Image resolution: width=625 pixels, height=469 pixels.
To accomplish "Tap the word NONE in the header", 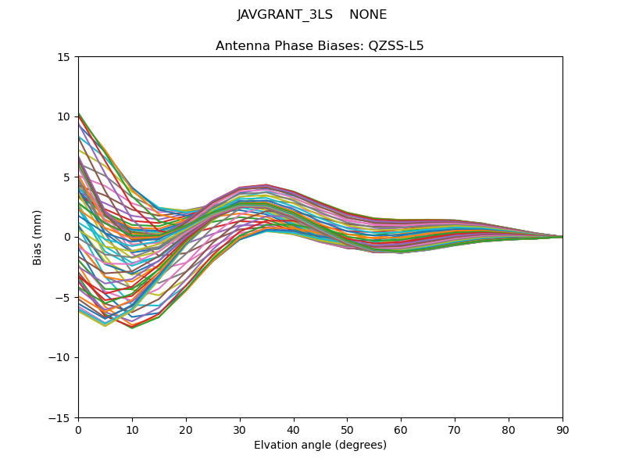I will point(368,15).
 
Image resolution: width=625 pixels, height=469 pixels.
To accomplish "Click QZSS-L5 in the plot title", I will point(398,46).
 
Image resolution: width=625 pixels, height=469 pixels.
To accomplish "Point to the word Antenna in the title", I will point(239,46).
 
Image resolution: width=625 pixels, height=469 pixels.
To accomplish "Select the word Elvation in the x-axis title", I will point(277,446).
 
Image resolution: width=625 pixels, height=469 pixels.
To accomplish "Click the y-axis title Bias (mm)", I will point(37,237).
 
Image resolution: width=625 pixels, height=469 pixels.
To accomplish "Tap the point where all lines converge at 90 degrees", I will point(562,237).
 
